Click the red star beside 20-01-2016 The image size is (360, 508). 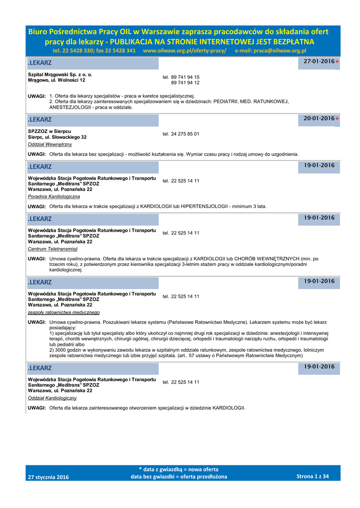tap(337, 119)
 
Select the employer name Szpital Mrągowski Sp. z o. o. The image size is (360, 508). tap(60, 74)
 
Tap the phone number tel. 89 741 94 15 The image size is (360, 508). tap(181, 77)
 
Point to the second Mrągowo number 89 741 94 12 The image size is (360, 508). tap(185, 83)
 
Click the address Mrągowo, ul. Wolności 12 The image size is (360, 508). tap(57, 80)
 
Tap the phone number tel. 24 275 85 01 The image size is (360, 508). tap(181, 134)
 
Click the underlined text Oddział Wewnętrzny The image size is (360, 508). tap(50, 144)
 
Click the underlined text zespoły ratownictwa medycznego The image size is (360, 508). tap(64, 313)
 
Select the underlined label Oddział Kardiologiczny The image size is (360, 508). tap(52, 398)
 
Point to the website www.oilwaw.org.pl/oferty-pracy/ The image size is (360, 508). tap(184, 51)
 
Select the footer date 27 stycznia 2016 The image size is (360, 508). tap(49, 477)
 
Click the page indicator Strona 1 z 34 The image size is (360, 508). tap(312, 476)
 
